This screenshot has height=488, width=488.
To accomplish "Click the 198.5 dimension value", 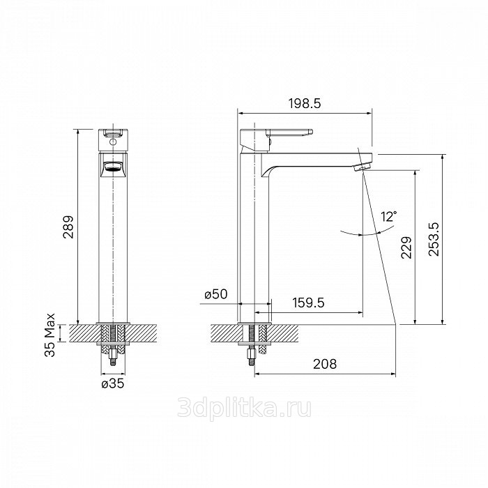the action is click(x=305, y=103).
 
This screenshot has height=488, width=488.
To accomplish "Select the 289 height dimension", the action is click(x=68, y=227).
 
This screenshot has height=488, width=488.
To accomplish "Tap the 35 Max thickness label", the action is click(x=49, y=335).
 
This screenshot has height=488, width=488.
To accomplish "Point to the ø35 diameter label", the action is click(x=113, y=383).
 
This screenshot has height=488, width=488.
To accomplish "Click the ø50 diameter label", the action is click(x=216, y=294).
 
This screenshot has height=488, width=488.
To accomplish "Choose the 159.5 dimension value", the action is click(x=308, y=303).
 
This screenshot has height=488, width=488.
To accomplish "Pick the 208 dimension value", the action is click(x=325, y=364).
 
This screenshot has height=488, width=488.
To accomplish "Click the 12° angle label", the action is click(x=389, y=216).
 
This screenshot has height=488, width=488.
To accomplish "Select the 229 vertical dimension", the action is click(x=406, y=247).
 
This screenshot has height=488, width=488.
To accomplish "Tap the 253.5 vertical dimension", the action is click(x=434, y=239).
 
